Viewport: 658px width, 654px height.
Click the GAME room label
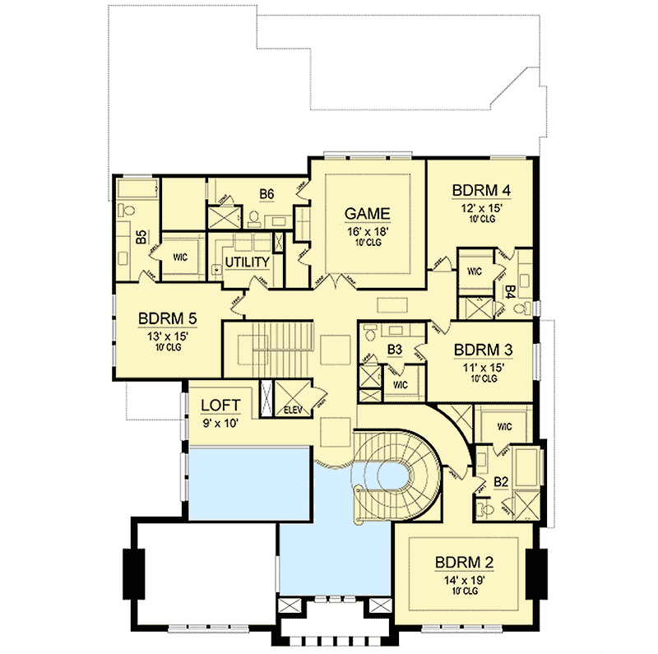click(367, 215)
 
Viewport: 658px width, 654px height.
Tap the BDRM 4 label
click(481, 191)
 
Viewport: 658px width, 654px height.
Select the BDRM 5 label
click(167, 318)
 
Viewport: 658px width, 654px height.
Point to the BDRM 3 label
click(483, 350)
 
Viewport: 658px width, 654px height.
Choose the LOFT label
click(220, 405)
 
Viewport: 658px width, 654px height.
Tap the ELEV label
click(294, 408)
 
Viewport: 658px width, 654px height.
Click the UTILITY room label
click(248, 262)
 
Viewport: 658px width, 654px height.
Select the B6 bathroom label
click(266, 194)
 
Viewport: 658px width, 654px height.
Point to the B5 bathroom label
click(141, 238)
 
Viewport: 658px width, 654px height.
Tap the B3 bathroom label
click(393, 350)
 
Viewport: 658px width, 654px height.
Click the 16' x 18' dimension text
click(367, 233)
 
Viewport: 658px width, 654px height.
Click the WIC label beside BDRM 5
click(180, 257)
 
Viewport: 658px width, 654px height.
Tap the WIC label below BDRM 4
click(474, 271)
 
